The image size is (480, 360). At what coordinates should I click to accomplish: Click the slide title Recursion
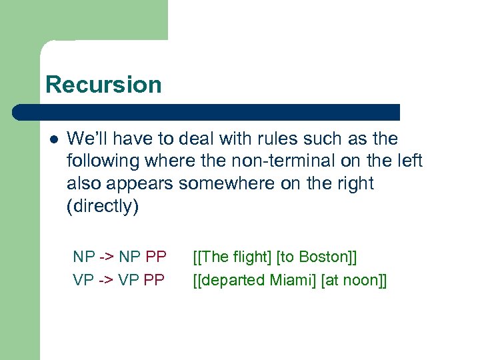click(x=103, y=85)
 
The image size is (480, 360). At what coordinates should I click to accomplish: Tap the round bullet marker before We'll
click(x=53, y=139)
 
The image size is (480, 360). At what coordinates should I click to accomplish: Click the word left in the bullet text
click(x=408, y=161)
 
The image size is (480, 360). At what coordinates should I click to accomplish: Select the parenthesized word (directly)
click(x=103, y=206)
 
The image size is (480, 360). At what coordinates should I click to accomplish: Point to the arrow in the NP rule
click(x=107, y=257)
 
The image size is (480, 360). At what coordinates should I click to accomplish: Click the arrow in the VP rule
click(x=107, y=280)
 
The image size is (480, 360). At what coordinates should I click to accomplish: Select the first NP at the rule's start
click(x=84, y=257)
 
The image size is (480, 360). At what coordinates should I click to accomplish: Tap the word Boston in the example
click(x=323, y=257)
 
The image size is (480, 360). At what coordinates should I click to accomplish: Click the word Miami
click(x=293, y=280)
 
